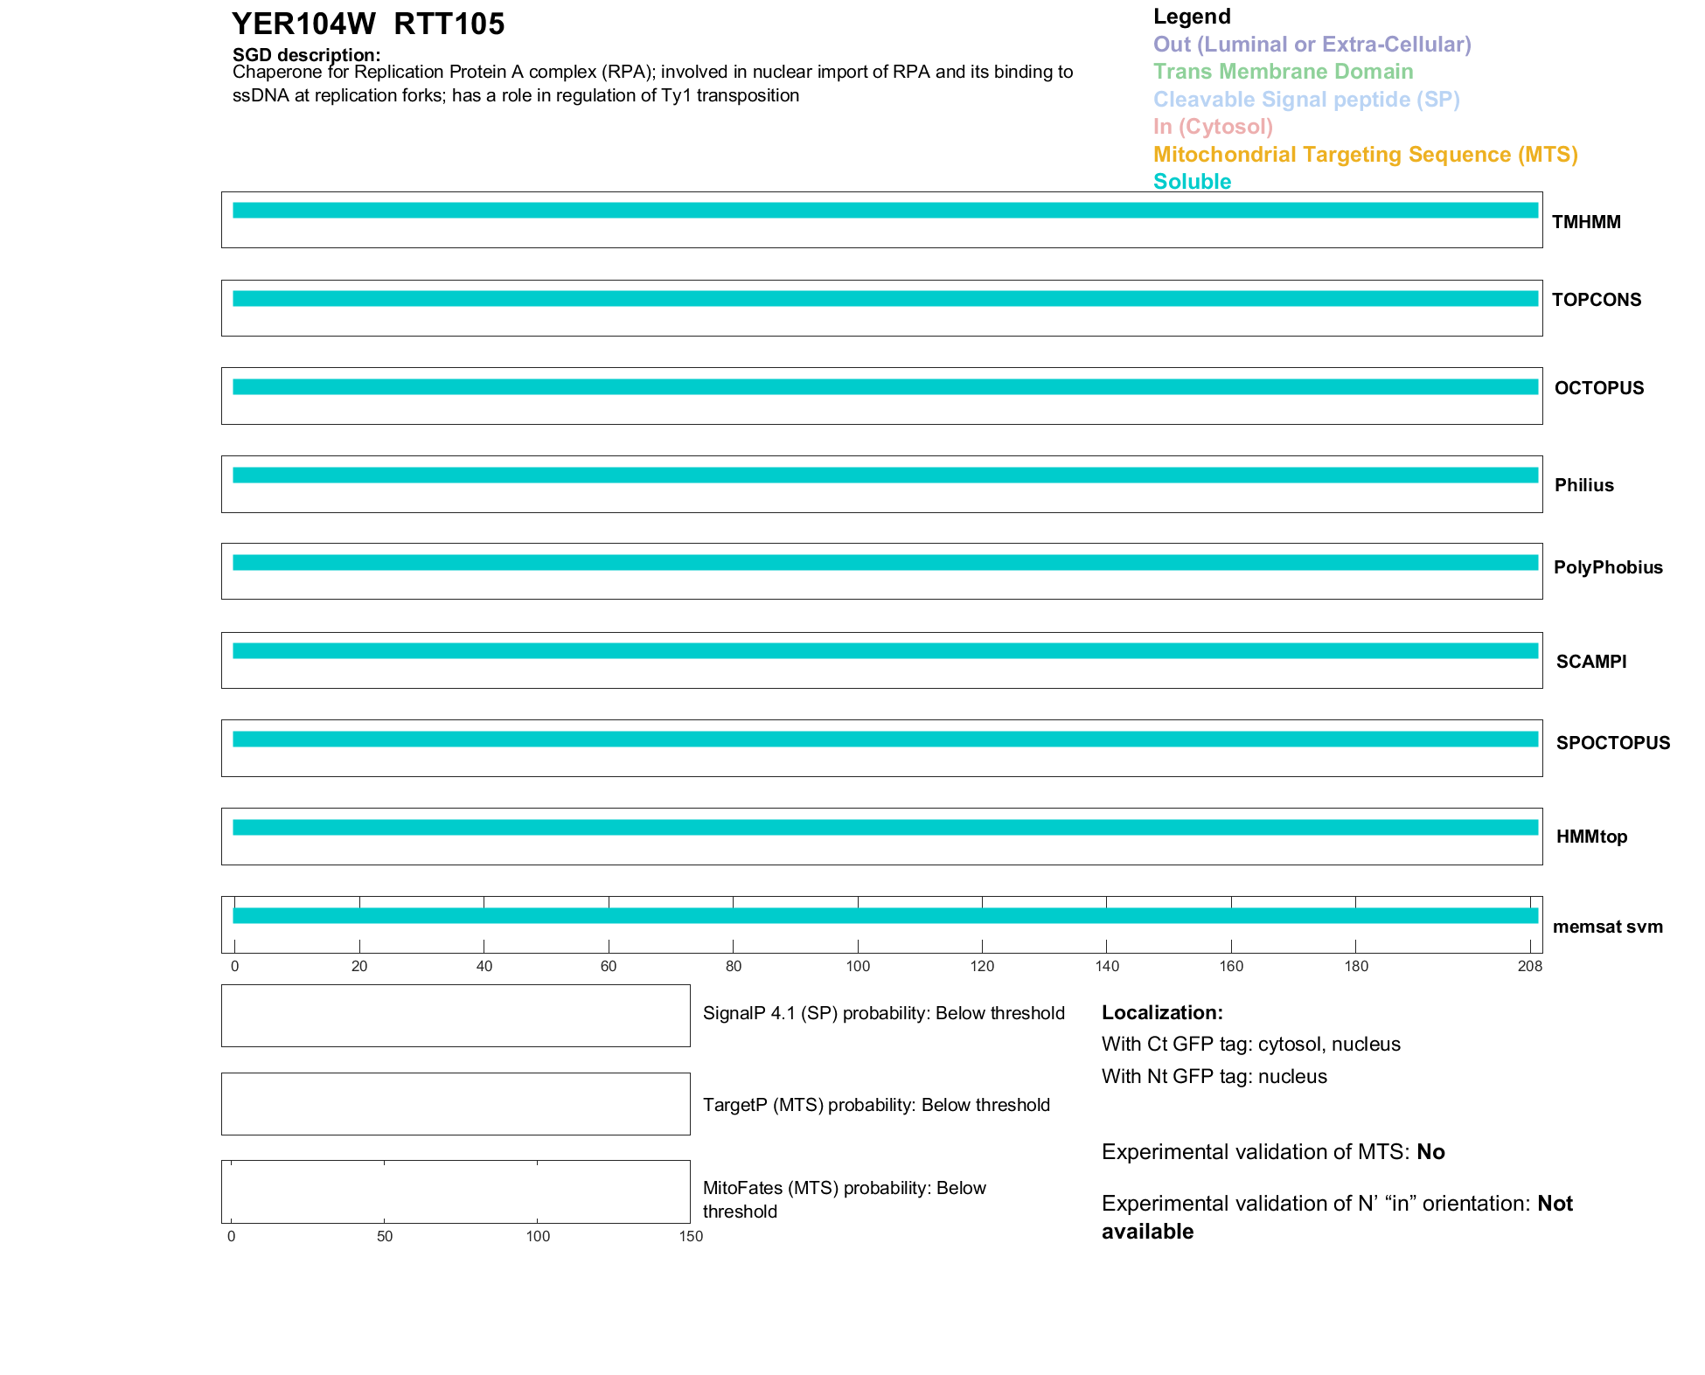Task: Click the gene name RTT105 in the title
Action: pyautogui.click(x=449, y=24)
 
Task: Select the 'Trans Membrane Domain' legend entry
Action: pyautogui.click(x=1283, y=72)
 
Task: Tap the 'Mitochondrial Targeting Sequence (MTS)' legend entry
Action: pyautogui.click(x=1365, y=155)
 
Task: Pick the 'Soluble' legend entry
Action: pyautogui.click(x=1192, y=182)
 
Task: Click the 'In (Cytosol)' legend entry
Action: pyautogui.click(x=1213, y=127)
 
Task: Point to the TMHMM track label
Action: pyautogui.click(x=1586, y=222)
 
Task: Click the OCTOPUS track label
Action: pyautogui.click(x=1598, y=388)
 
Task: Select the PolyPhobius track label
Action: pyautogui.click(x=1608, y=567)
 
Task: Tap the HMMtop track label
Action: pyautogui.click(x=1591, y=837)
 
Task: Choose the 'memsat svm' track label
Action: pyautogui.click(x=1607, y=927)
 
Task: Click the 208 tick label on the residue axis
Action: pyautogui.click(x=1530, y=966)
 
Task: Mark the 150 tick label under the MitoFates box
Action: pyautogui.click(x=691, y=1236)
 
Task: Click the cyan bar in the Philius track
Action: pyautogui.click(x=885, y=476)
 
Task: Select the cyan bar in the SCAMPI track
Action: pyautogui.click(x=885, y=651)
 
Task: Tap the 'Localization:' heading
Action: pyautogui.click(x=1162, y=1012)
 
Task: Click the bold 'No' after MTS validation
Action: pyautogui.click(x=1430, y=1152)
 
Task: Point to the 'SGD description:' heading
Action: pyautogui.click(x=306, y=55)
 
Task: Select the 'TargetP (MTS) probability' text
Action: pyautogui.click(x=876, y=1105)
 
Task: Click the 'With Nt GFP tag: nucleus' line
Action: pyautogui.click(x=1214, y=1076)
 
